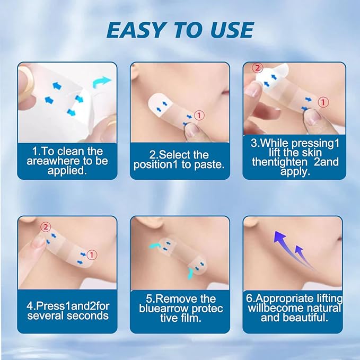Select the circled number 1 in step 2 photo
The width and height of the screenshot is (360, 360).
pos(198,114)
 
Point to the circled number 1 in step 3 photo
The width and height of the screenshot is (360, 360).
pos(323,102)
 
